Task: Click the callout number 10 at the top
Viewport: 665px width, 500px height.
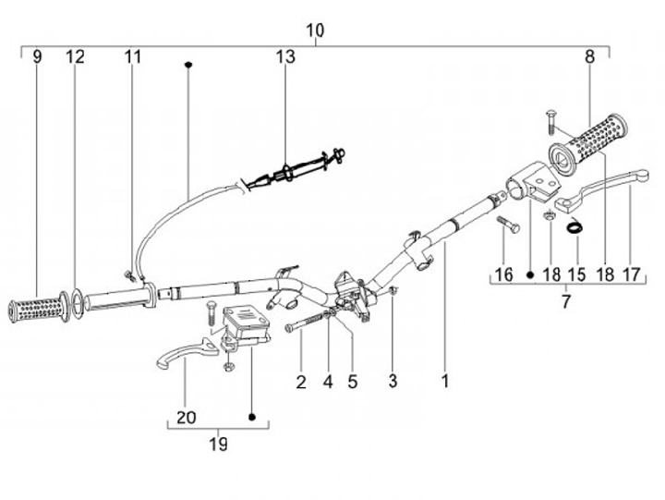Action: (315, 30)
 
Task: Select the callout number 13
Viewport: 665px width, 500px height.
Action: (285, 57)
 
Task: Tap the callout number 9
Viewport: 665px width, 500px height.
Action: (37, 57)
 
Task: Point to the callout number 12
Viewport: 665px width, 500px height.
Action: (75, 57)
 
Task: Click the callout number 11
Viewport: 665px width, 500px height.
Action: (133, 57)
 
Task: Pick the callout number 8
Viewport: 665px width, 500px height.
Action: (589, 57)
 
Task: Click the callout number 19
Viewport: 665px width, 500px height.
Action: (217, 445)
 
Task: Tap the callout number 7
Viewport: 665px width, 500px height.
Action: (565, 301)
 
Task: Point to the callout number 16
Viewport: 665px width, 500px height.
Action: (502, 274)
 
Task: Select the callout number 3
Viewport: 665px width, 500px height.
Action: (392, 380)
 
